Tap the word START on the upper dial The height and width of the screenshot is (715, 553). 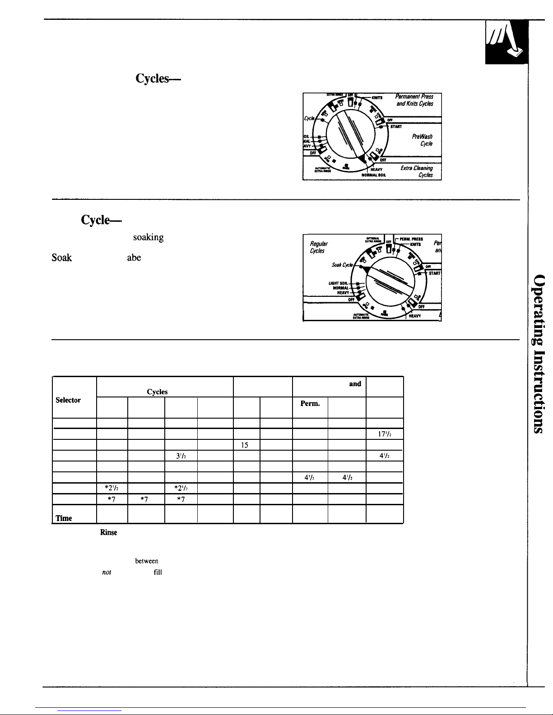(x=396, y=127)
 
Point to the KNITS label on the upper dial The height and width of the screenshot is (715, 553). (x=377, y=97)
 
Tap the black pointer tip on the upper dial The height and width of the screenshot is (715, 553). (x=362, y=159)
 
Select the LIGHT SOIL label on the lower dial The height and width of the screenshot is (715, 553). (x=338, y=283)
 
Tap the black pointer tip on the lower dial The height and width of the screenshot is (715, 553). (x=367, y=269)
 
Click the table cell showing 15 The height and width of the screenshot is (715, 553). (x=244, y=445)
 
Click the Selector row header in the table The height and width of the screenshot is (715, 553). (x=68, y=400)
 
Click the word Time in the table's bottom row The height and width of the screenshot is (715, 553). (x=64, y=518)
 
